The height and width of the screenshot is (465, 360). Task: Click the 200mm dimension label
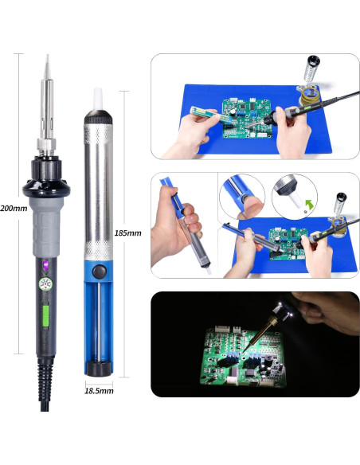click(14, 208)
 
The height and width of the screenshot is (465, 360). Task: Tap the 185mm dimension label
click(127, 233)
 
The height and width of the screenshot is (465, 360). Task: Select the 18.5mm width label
click(99, 391)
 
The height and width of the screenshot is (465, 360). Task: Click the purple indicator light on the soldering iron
click(46, 264)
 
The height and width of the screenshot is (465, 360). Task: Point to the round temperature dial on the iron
click(45, 284)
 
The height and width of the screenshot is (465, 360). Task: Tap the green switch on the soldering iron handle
click(45, 316)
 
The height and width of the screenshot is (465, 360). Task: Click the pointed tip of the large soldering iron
click(47, 56)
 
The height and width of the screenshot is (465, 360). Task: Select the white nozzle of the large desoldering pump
click(98, 99)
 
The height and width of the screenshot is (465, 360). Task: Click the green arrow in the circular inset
click(309, 205)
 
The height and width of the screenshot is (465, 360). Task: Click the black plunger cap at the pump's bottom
click(99, 369)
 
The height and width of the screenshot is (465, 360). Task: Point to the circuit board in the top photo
click(247, 119)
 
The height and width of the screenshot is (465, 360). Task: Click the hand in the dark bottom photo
click(327, 311)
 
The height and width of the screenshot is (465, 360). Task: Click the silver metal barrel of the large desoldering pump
click(98, 192)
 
